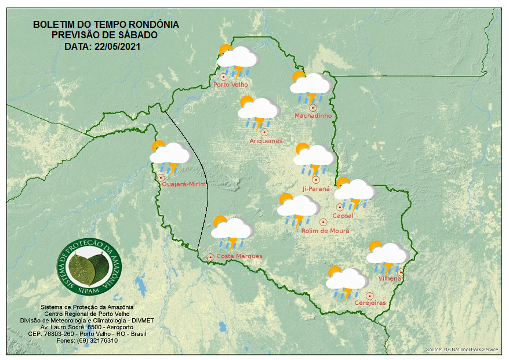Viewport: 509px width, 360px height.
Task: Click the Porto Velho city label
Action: [231, 85]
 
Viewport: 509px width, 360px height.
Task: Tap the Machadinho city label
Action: [313, 116]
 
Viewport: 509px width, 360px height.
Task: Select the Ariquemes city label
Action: [266, 141]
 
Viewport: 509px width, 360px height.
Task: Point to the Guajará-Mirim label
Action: [184, 184]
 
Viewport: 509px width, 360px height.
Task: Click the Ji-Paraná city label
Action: [316, 189]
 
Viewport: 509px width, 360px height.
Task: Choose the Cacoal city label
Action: [343, 216]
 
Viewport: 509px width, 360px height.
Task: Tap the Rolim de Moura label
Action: [325, 231]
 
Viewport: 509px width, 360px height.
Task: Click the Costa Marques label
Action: [239, 256]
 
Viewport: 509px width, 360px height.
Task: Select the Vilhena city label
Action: [390, 279]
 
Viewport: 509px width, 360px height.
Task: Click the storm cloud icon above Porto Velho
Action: [238, 60]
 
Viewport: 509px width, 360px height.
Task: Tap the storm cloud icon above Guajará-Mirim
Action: [170, 155]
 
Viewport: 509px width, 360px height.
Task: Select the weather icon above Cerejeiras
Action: [346, 281]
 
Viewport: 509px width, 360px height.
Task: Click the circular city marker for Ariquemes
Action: [264, 132]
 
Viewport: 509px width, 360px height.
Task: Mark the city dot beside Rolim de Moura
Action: [323, 222]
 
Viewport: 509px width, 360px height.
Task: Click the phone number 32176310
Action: [104, 340]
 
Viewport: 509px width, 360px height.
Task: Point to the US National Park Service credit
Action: [462, 350]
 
